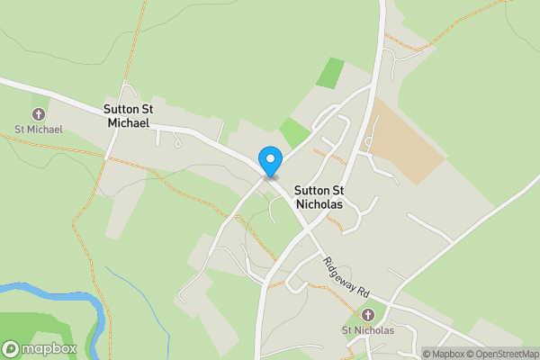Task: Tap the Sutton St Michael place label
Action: (x=128, y=115)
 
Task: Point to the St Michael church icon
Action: (x=39, y=114)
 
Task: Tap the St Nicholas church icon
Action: (x=367, y=315)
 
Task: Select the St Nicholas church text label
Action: (x=367, y=330)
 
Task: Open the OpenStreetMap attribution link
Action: (x=501, y=354)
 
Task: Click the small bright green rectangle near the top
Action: (x=330, y=72)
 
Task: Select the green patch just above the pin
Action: (x=293, y=133)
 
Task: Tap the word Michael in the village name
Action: (x=127, y=121)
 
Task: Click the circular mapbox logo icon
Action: (x=11, y=348)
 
